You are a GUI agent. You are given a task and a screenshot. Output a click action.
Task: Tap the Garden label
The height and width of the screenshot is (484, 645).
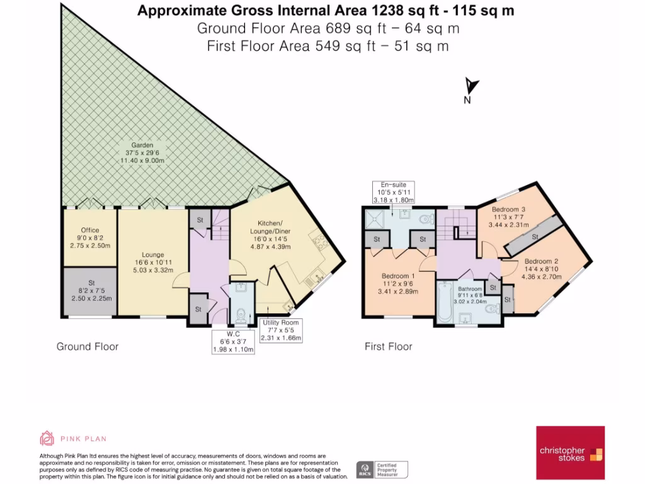tap(142, 145)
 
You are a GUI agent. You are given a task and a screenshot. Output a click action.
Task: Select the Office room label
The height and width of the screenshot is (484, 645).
tap(90, 230)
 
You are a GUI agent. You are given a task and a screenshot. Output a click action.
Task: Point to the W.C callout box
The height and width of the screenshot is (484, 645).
tap(233, 342)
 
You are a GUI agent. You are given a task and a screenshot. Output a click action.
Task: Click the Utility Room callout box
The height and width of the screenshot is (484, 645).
tap(281, 330)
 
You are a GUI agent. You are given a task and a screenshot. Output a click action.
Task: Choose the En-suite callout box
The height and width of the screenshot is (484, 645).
tap(394, 192)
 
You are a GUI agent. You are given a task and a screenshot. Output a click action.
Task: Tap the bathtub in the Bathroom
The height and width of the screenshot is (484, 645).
tap(445, 302)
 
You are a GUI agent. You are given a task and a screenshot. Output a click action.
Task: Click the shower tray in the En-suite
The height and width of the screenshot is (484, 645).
tap(375, 219)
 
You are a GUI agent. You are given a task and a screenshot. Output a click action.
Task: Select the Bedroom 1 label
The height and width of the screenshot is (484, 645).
tap(398, 276)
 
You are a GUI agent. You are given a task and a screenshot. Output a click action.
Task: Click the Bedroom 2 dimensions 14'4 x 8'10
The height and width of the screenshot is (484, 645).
tap(541, 269)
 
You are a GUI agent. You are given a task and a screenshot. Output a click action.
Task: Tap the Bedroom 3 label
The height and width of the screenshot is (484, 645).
tap(508, 209)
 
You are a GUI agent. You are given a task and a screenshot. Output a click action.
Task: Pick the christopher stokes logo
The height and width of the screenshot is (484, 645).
tap(570, 452)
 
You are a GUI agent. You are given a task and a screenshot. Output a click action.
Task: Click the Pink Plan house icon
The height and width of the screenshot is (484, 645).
tap(47, 439)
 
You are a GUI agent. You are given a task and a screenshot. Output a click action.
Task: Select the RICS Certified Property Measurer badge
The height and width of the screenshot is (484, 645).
tap(382, 470)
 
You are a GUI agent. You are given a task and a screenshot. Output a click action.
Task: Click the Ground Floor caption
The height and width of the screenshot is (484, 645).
tap(88, 347)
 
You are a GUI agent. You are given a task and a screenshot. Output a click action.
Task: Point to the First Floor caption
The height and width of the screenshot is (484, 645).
tap(388, 347)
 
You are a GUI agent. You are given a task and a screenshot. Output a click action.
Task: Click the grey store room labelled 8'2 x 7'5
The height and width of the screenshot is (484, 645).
tap(90, 292)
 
